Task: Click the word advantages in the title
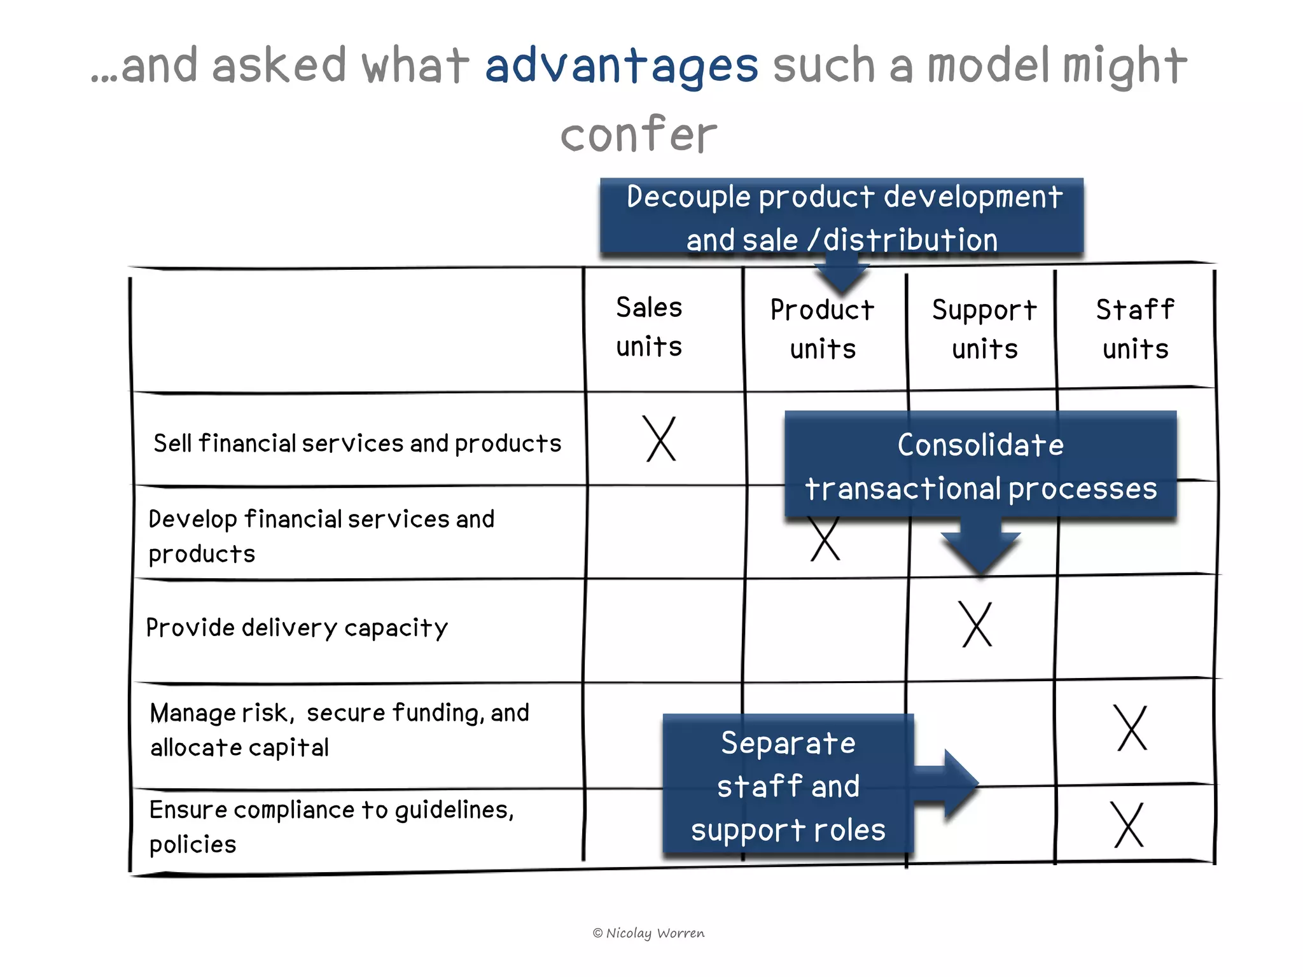(622, 66)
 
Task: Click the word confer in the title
(638, 134)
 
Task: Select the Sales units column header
(649, 327)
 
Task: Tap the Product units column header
(823, 329)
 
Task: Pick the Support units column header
(984, 329)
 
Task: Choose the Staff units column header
(1136, 329)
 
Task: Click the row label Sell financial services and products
(358, 443)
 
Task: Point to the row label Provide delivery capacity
(297, 628)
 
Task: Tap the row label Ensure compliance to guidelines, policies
(331, 826)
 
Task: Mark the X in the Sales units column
(660, 439)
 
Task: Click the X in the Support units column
(977, 625)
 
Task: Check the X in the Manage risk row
(1132, 728)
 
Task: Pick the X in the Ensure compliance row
(1129, 824)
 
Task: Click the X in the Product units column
(825, 540)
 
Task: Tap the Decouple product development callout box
(842, 217)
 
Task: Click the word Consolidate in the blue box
(980, 445)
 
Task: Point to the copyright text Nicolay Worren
(649, 933)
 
